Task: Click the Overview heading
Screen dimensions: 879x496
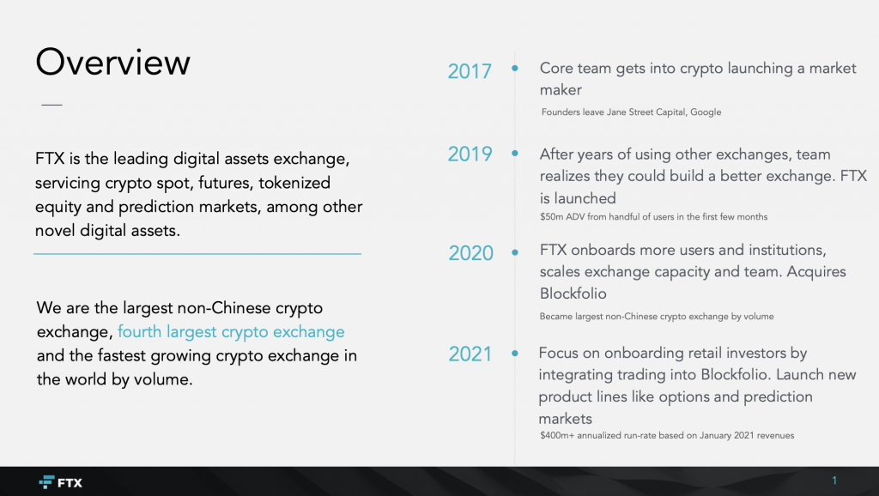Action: tap(112, 62)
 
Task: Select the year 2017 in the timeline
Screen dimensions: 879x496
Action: tap(470, 71)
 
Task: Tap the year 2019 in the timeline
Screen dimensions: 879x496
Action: tap(470, 154)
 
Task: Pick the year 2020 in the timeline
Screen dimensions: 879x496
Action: tap(471, 253)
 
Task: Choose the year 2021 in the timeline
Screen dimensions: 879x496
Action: tap(470, 354)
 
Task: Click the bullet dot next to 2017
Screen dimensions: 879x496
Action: tap(515, 69)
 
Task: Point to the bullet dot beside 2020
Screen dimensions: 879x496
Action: tap(515, 252)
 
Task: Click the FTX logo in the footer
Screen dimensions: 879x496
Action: tap(61, 482)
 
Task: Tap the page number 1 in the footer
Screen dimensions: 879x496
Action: tap(834, 481)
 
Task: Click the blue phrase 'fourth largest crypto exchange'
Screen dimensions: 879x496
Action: tap(231, 332)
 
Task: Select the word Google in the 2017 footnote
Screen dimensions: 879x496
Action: tap(706, 112)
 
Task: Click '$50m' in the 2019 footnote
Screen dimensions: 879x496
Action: tap(551, 217)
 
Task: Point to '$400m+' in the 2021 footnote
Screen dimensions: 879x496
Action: tap(557, 435)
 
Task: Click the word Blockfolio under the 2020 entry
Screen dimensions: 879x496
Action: tap(573, 293)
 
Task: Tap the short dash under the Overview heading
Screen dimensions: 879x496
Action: tap(52, 105)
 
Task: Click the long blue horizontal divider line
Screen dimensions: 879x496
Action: tap(197, 254)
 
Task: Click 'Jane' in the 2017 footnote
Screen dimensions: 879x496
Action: tap(616, 112)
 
